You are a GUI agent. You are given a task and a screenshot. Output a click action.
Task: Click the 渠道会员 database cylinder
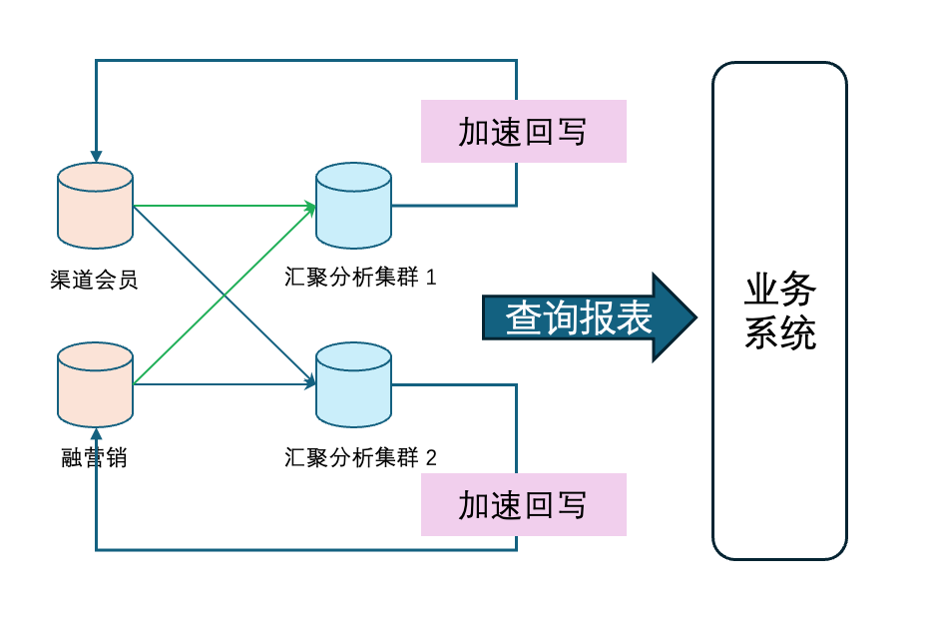(95, 206)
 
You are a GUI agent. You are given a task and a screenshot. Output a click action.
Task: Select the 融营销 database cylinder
(95, 385)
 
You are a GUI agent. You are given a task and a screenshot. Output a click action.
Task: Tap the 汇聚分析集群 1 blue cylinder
(353, 206)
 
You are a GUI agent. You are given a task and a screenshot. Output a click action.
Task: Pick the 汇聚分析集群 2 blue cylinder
(353, 385)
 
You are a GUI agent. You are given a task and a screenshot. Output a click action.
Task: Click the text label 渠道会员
(94, 280)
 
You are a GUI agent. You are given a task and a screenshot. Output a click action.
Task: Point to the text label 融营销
(94, 458)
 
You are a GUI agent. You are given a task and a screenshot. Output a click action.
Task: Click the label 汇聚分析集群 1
(360, 278)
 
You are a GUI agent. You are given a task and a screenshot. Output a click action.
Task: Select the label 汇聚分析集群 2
(360, 458)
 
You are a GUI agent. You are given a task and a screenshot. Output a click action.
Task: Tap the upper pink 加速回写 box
(523, 131)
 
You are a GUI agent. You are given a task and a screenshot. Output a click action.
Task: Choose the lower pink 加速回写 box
(523, 504)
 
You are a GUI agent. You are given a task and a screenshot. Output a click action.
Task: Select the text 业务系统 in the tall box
(779, 311)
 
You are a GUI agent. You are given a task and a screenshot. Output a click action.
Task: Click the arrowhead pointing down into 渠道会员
(96, 157)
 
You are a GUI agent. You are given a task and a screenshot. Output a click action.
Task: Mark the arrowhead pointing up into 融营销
(96, 434)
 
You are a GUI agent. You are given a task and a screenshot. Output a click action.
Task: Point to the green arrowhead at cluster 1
(310, 207)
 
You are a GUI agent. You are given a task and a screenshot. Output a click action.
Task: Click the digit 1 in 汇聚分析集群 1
(431, 278)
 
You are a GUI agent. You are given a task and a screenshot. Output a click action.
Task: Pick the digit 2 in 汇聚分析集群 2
(431, 458)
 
